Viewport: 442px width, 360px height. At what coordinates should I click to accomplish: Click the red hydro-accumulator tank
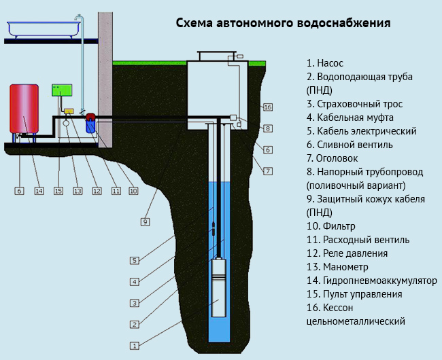24,109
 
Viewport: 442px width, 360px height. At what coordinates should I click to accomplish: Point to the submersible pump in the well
220,285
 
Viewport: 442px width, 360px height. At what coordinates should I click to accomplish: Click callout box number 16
267,107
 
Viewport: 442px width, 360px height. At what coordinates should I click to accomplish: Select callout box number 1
135,346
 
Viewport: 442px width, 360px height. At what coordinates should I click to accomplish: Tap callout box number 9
145,221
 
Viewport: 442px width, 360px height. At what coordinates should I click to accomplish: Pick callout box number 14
39,191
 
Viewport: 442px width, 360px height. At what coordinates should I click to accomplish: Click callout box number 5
135,260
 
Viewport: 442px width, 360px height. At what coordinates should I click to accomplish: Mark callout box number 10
133,191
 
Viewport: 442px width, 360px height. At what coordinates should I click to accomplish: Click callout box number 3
135,303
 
